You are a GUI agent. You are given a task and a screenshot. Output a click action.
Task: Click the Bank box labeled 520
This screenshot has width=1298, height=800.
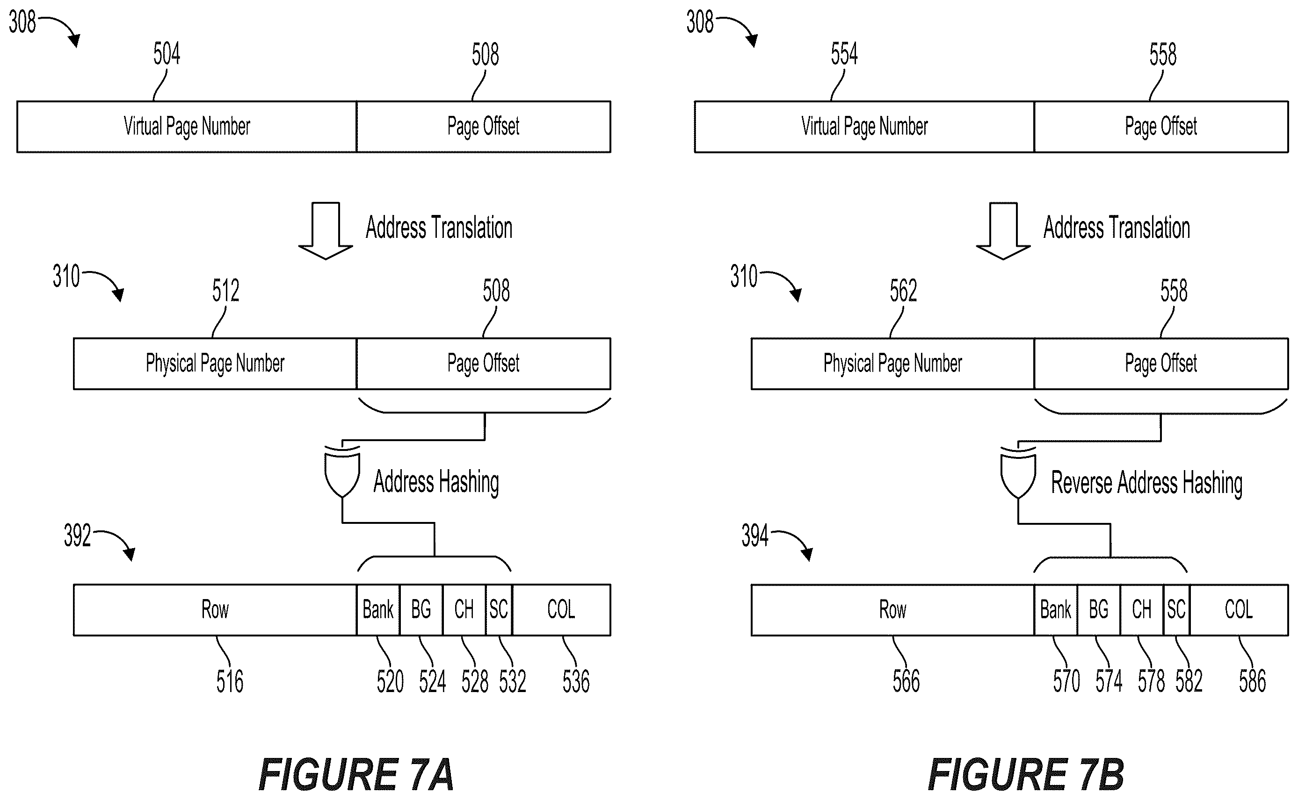pos(378,609)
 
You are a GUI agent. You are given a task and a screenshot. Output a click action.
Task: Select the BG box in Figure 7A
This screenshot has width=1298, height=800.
pos(421,609)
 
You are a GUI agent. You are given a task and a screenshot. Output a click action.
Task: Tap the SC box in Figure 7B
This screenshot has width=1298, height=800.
pos(1176,609)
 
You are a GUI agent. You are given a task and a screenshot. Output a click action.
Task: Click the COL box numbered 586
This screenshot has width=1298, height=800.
pos(1239,609)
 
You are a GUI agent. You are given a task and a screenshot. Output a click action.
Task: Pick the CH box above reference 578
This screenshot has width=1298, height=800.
pos(1142,609)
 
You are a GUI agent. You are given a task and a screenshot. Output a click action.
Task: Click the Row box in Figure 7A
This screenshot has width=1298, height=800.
pos(215,609)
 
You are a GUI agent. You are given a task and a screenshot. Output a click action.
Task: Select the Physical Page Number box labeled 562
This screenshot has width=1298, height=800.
pos(893,364)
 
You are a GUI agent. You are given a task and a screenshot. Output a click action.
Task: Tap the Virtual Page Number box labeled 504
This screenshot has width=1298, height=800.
pos(187,127)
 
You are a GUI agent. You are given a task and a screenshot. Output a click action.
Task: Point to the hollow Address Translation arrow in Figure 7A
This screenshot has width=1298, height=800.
pos(325,231)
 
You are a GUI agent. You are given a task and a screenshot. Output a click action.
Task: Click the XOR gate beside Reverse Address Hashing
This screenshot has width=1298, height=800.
pos(1018,472)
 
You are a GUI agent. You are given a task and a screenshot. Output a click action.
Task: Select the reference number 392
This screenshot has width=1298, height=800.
pos(77,536)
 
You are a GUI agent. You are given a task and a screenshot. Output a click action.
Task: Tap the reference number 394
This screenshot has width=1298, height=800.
pos(754,536)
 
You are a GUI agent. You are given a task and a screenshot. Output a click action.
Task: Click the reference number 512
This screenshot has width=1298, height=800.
pos(225,291)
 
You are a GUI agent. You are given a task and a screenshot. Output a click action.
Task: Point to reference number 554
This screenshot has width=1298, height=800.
pos(844,53)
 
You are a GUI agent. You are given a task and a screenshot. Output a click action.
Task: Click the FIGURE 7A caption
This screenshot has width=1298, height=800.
pos(356,775)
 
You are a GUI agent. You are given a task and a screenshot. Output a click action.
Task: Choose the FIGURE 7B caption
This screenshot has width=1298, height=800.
pos(1026,775)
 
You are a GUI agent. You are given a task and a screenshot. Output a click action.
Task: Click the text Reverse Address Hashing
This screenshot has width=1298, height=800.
pos(1146,483)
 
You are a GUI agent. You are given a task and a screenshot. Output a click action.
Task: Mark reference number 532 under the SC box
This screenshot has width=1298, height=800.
pos(512,681)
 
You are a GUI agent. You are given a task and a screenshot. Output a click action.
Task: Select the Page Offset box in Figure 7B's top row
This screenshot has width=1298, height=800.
pos(1161,127)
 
